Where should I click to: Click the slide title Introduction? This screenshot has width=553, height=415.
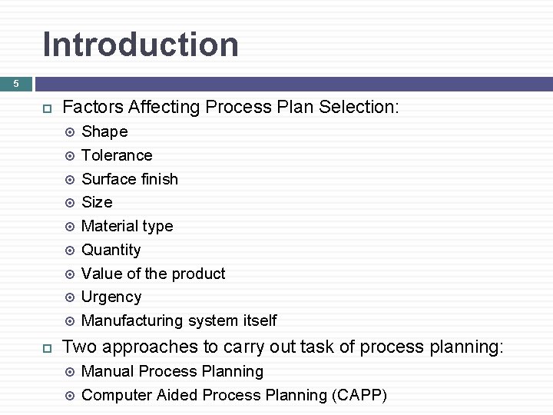point(141,45)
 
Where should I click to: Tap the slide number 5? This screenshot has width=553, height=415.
point(15,84)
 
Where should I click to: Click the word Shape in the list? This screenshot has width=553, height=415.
point(104,131)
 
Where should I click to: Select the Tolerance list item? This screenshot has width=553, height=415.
point(117,155)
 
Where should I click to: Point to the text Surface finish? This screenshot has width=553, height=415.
point(129,179)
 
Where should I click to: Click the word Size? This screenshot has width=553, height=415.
point(97,202)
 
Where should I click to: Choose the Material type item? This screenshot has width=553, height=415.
point(127,226)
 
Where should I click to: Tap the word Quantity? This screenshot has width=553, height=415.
point(111,250)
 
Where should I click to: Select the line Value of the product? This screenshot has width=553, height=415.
point(153,274)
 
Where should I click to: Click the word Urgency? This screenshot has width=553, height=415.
point(111,297)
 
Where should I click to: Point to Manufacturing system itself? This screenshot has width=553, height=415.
point(178,320)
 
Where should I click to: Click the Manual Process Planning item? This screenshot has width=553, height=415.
point(172,371)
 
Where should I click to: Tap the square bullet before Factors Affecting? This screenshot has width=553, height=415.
point(45,108)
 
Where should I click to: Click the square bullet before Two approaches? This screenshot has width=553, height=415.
point(45,348)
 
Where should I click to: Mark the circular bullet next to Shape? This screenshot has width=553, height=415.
point(70,132)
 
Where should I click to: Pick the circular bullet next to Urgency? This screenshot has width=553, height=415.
point(70,297)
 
